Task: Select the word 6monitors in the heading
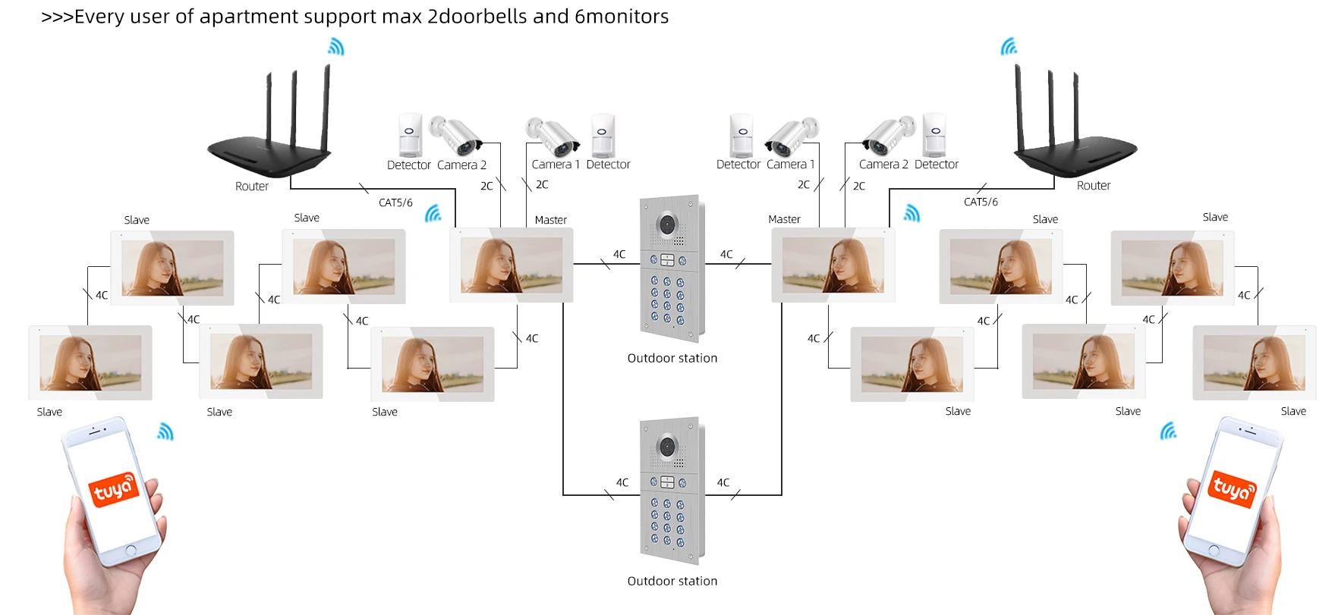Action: click(x=622, y=17)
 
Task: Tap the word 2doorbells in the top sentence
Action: click(x=477, y=17)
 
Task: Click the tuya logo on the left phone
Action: click(x=114, y=489)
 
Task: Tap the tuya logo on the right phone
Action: click(x=1232, y=489)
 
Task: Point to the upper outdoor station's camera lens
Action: click(x=667, y=224)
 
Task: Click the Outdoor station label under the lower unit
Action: click(x=672, y=581)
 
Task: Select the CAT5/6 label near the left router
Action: click(x=395, y=202)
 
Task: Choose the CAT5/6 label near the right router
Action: click(x=981, y=202)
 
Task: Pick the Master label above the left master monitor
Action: click(x=550, y=220)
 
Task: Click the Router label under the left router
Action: click(x=251, y=186)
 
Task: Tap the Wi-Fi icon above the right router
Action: click(x=1009, y=47)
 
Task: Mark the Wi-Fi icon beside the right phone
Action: click(x=1169, y=431)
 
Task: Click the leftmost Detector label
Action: click(x=408, y=165)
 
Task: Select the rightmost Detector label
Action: click(x=936, y=164)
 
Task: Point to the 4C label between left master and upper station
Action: click(x=619, y=254)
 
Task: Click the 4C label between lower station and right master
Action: click(x=723, y=482)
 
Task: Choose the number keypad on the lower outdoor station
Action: click(x=667, y=522)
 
